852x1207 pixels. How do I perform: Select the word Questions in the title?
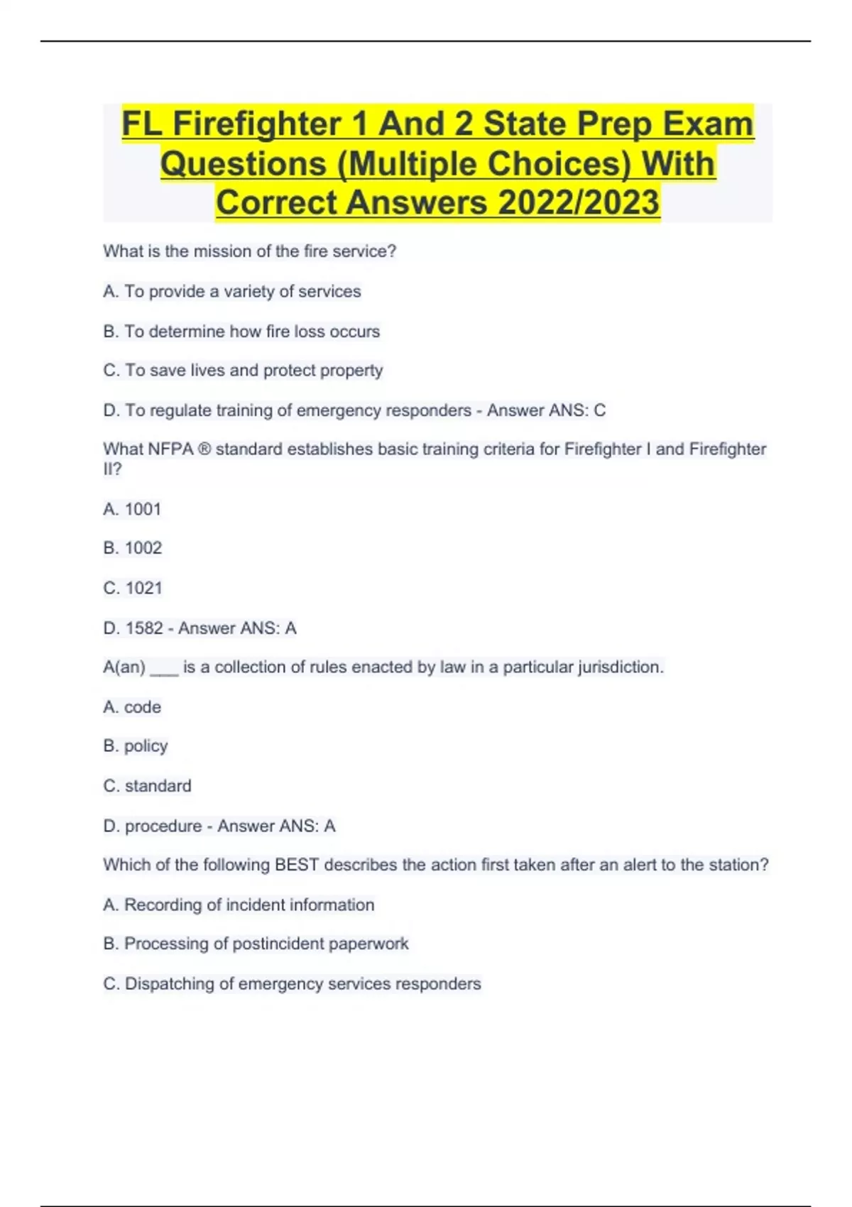[243, 164]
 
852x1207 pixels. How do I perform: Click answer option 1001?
[142, 509]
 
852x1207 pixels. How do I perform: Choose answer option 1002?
[143, 548]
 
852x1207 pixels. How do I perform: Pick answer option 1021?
[143, 588]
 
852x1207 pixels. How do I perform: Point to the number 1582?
[144, 628]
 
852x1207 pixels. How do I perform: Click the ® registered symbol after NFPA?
[204, 449]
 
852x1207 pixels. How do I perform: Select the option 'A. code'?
[132, 707]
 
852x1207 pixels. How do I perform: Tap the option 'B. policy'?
[136, 746]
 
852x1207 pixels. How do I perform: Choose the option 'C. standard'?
[147, 786]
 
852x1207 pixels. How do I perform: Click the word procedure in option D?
[163, 826]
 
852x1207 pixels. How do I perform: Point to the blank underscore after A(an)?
[164, 669]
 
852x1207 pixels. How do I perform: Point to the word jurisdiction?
[620, 667]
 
